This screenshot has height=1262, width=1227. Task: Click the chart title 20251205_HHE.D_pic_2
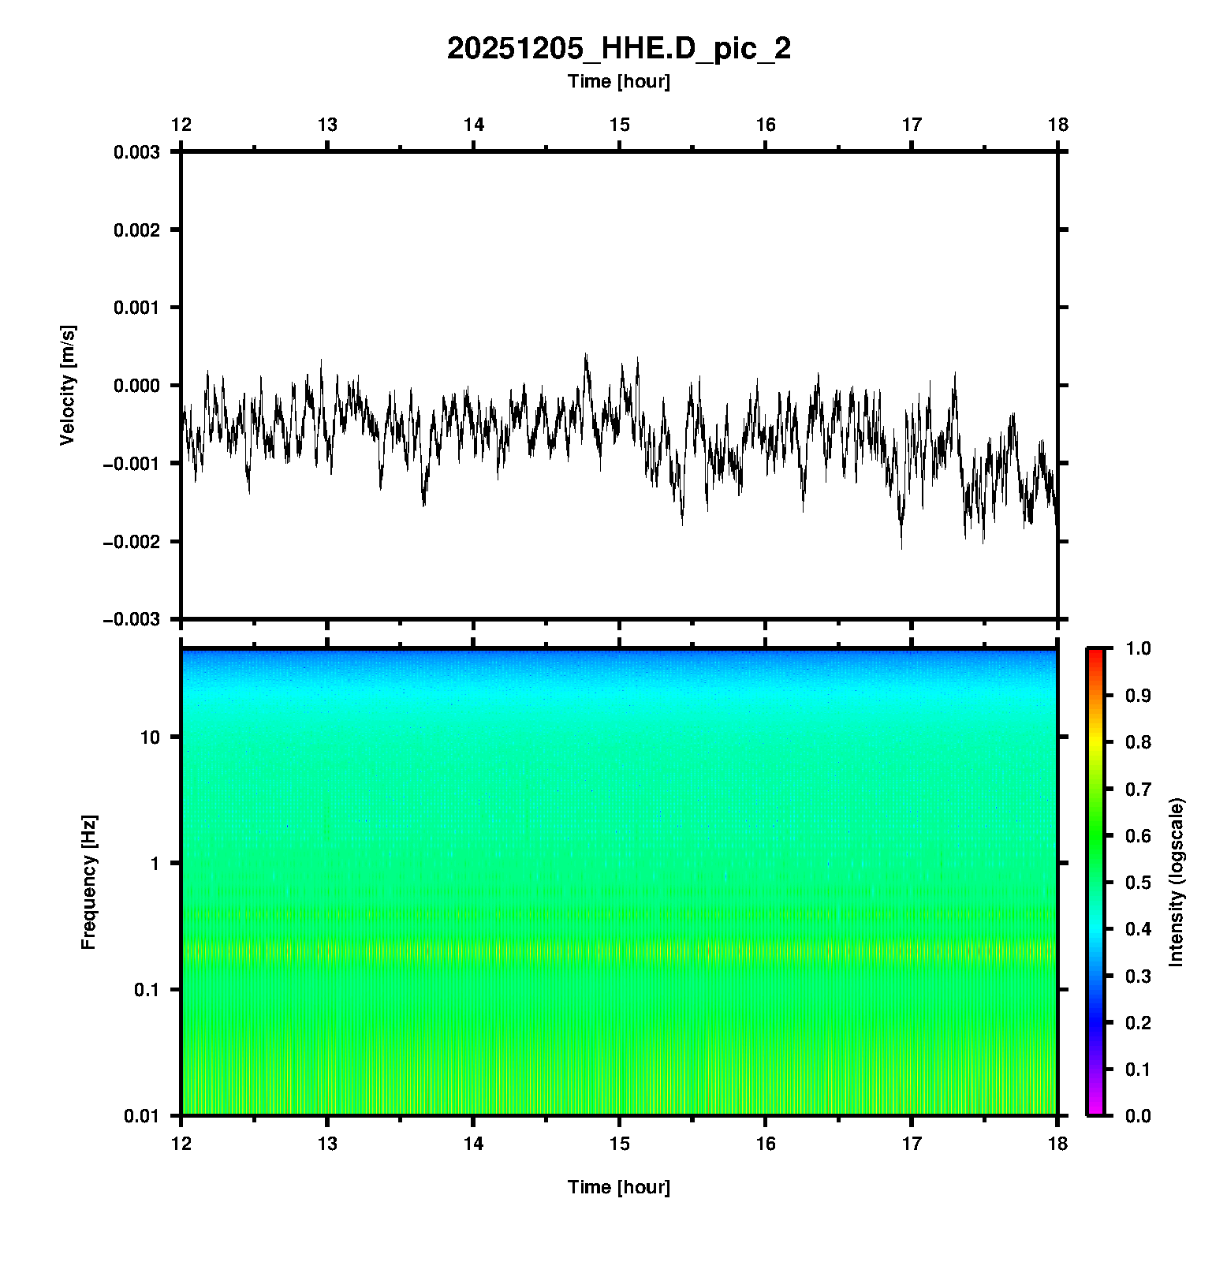click(618, 49)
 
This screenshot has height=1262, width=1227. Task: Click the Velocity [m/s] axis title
click(68, 385)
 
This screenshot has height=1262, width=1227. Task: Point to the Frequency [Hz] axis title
click(88, 882)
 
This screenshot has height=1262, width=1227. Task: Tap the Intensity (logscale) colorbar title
click(1177, 882)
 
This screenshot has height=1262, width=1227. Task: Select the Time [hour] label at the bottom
click(618, 1187)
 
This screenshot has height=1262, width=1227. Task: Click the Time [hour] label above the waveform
click(618, 81)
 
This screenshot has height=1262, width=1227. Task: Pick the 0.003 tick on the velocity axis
click(136, 152)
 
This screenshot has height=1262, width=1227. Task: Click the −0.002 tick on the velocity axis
click(131, 541)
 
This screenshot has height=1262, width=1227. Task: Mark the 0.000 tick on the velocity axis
click(136, 386)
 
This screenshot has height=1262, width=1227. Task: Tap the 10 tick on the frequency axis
click(150, 737)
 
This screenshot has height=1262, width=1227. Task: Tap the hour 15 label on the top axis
click(620, 125)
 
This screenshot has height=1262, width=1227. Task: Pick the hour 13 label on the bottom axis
click(327, 1144)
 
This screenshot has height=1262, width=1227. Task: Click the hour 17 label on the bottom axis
click(912, 1144)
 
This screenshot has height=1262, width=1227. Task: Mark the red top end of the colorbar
click(1095, 653)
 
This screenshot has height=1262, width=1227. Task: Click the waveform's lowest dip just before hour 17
click(901, 547)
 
